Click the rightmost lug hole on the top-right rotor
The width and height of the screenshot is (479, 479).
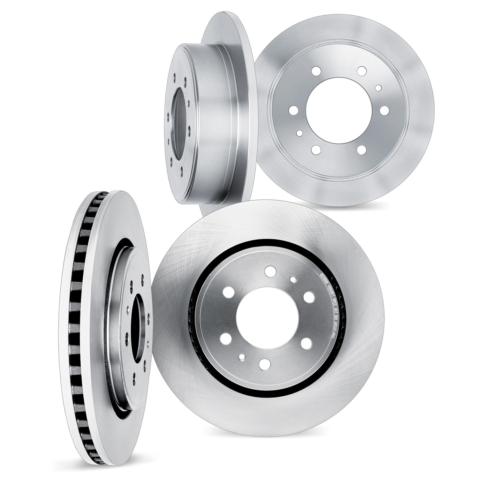pos(385,110)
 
